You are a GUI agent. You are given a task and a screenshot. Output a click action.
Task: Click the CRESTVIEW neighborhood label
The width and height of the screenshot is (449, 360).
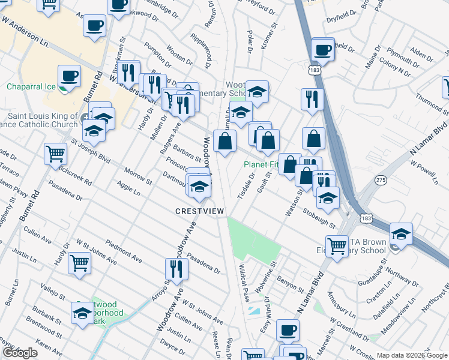[200, 211]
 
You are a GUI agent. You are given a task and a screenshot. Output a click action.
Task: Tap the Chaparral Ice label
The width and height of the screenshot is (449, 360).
[31, 87]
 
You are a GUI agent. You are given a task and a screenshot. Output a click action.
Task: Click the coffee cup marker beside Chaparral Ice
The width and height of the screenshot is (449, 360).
[69, 77]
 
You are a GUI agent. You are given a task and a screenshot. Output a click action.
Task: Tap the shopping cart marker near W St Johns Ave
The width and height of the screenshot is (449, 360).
[79, 263]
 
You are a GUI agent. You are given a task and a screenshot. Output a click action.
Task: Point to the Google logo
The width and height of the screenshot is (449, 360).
[20, 353]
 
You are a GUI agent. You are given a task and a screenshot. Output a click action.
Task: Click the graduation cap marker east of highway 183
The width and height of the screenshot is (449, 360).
[401, 233]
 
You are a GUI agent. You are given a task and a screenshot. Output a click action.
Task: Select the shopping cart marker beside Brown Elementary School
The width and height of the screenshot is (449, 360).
[337, 244]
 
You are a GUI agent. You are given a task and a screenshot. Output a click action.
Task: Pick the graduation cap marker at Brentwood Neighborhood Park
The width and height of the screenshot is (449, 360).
[83, 313]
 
